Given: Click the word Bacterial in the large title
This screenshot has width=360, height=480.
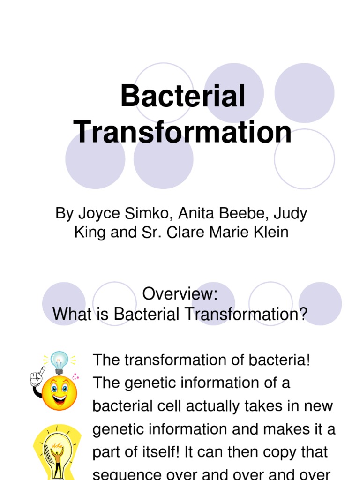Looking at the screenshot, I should click(183, 97).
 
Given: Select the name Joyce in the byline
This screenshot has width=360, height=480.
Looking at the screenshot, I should click(94, 214).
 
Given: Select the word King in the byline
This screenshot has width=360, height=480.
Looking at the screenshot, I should click(90, 232).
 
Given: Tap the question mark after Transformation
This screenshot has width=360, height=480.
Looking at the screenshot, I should click(302, 314).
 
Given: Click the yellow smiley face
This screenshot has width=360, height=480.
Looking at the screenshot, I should click(59, 393).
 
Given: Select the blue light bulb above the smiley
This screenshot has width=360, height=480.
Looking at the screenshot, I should click(60, 361).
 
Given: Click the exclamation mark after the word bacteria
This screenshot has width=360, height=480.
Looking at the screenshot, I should click(307, 360).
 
